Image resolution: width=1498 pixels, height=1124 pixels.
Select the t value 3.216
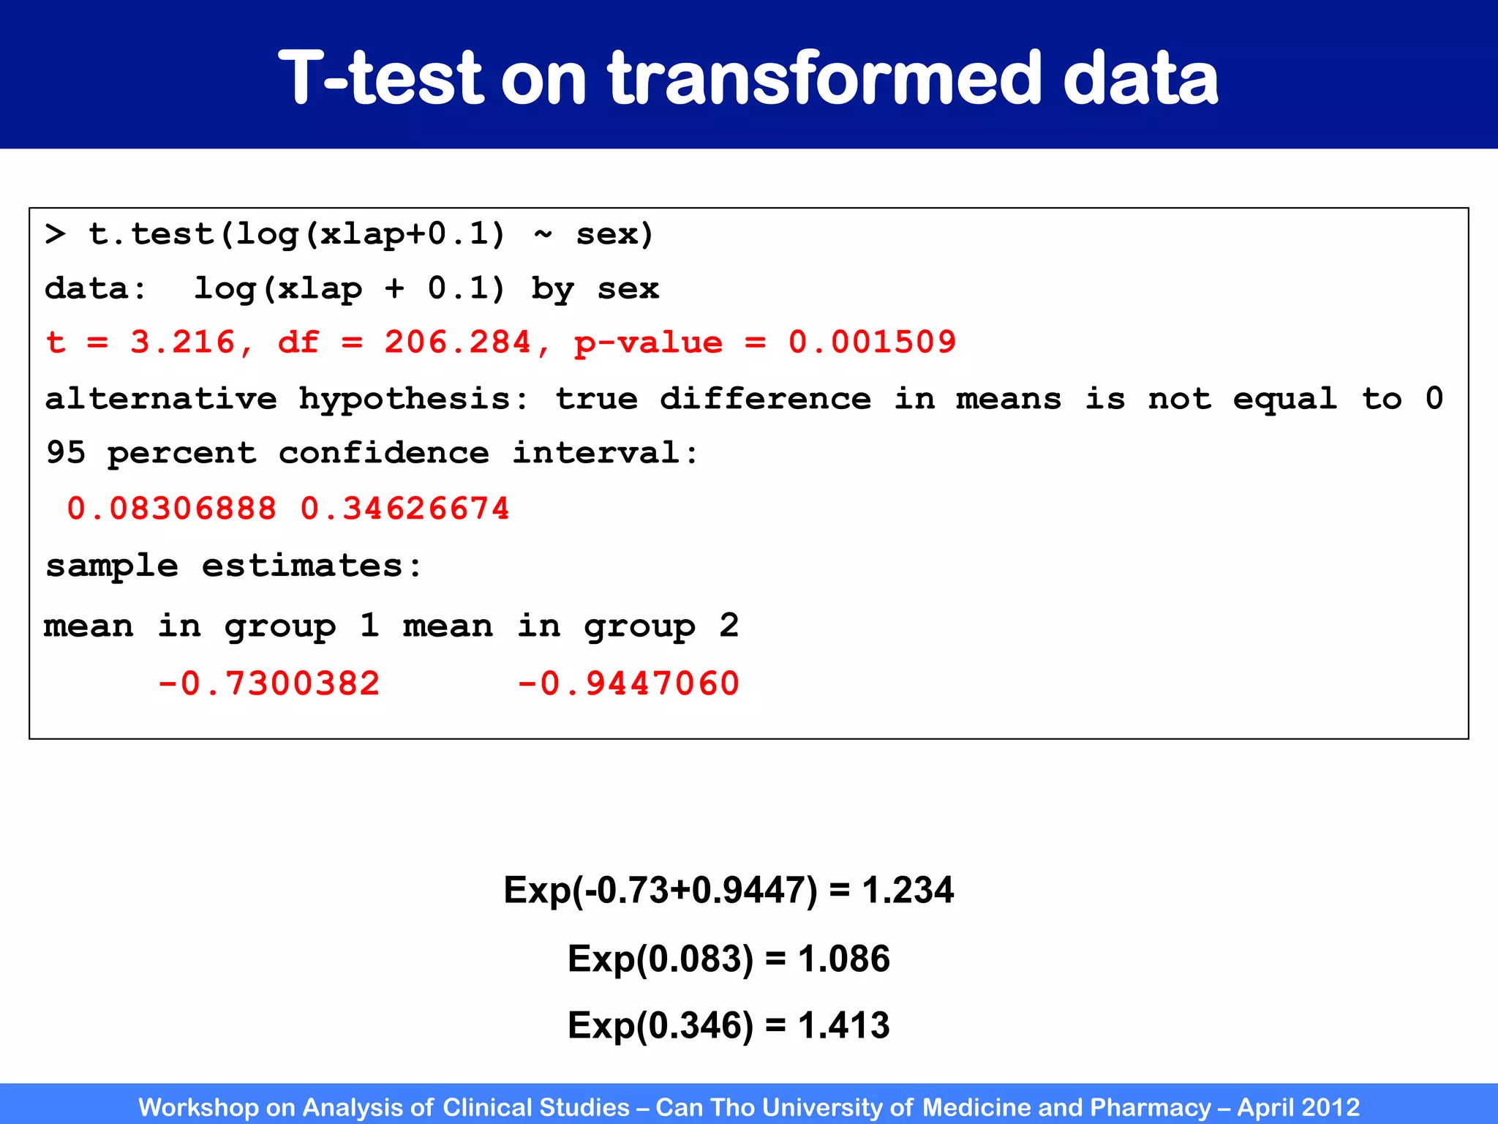click(x=183, y=342)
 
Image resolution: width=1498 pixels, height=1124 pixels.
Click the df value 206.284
click(x=458, y=342)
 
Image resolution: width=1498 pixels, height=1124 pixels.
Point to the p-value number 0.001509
click(x=872, y=342)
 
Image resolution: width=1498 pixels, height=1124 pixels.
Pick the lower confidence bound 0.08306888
click(x=172, y=509)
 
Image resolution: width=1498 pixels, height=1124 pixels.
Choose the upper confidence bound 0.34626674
click(x=404, y=509)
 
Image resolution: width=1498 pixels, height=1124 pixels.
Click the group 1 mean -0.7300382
click(x=269, y=683)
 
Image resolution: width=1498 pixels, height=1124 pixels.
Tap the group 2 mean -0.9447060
click(x=628, y=683)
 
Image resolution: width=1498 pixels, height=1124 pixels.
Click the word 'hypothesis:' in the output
click(x=413, y=400)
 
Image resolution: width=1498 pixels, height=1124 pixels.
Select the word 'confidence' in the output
click(x=383, y=454)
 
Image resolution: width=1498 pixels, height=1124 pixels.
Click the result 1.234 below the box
click(x=908, y=891)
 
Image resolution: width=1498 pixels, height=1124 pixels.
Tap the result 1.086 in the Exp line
click(x=844, y=959)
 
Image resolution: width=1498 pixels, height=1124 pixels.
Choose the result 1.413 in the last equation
click(x=844, y=1025)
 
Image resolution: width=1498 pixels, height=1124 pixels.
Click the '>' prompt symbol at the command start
click(x=55, y=235)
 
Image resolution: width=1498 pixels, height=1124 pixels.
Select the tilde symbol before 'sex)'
click(x=543, y=235)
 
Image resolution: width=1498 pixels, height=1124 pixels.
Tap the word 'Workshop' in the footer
click(x=198, y=1107)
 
